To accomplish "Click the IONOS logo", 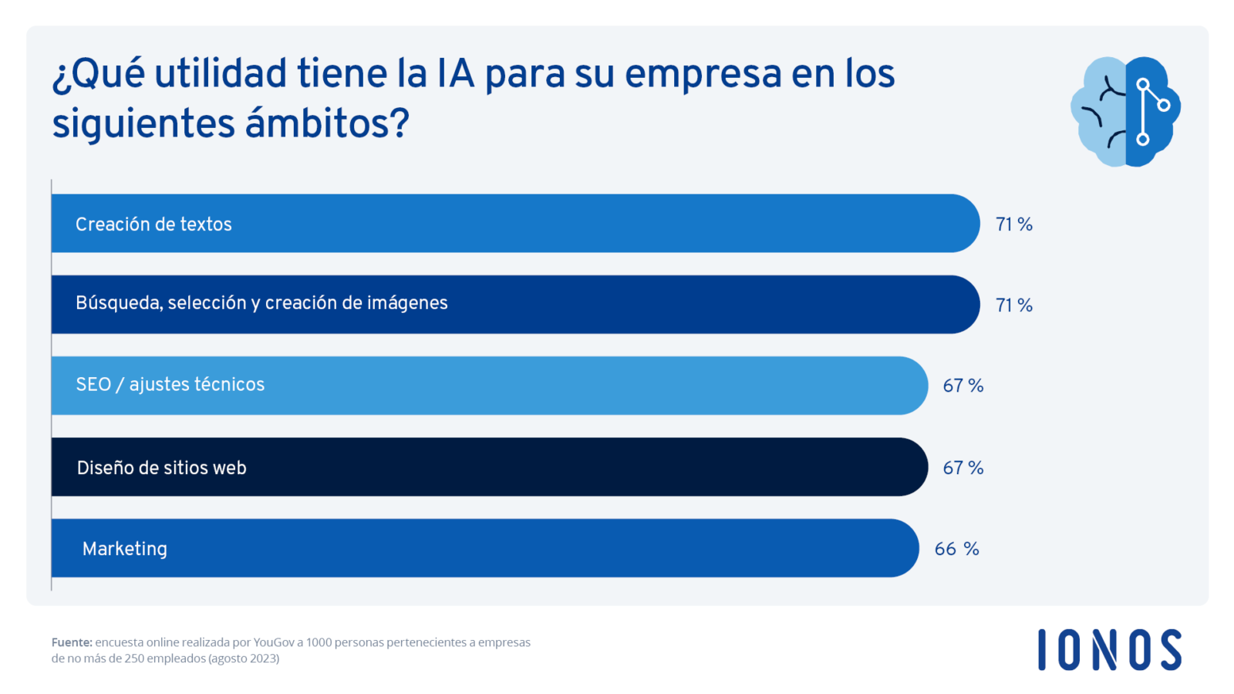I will (1109, 649).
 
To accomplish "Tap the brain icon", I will (1125, 111).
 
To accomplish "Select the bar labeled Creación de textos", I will (515, 224).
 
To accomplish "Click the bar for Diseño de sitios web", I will (489, 467).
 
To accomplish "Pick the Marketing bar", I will (484, 548).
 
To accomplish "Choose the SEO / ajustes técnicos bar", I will (489, 386).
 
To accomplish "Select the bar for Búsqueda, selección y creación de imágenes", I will (515, 305).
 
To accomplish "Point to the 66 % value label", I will (956, 549).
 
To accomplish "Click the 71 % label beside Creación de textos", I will (1013, 224).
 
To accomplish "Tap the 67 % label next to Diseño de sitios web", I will (963, 468).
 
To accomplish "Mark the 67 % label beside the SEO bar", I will (963, 386).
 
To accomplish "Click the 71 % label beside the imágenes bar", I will (1013, 305).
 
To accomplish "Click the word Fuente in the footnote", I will (72, 642).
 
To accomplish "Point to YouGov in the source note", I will (273, 642).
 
